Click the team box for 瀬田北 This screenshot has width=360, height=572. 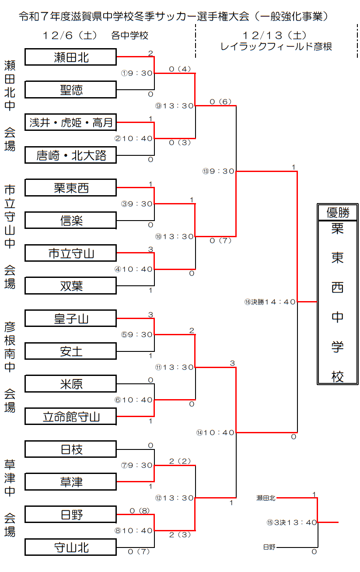click(x=71, y=57)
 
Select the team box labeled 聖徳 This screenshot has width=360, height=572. click(x=71, y=90)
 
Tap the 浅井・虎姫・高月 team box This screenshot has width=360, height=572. click(x=71, y=123)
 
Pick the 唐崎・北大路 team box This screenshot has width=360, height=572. click(x=71, y=155)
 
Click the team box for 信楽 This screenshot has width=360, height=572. click(x=71, y=221)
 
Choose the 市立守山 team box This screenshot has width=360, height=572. click(x=71, y=253)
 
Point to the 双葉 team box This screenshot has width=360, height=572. click(x=71, y=286)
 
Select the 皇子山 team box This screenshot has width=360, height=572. click(x=71, y=319)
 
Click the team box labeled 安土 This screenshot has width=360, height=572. click(x=71, y=351)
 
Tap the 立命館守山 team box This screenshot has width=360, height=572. click(x=71, y=417)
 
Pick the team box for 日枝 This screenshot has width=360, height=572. click(x=71, y=449)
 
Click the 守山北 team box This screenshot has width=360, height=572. click(x=71, y=547)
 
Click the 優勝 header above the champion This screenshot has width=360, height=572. click(x=338, y=213)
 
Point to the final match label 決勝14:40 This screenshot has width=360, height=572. click(x=270, y=302)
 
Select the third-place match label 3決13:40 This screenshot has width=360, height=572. click(x=292, y=523)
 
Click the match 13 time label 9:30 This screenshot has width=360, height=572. click(x=219, y=171)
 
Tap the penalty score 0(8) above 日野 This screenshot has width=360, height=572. click(x=140, y=511)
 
